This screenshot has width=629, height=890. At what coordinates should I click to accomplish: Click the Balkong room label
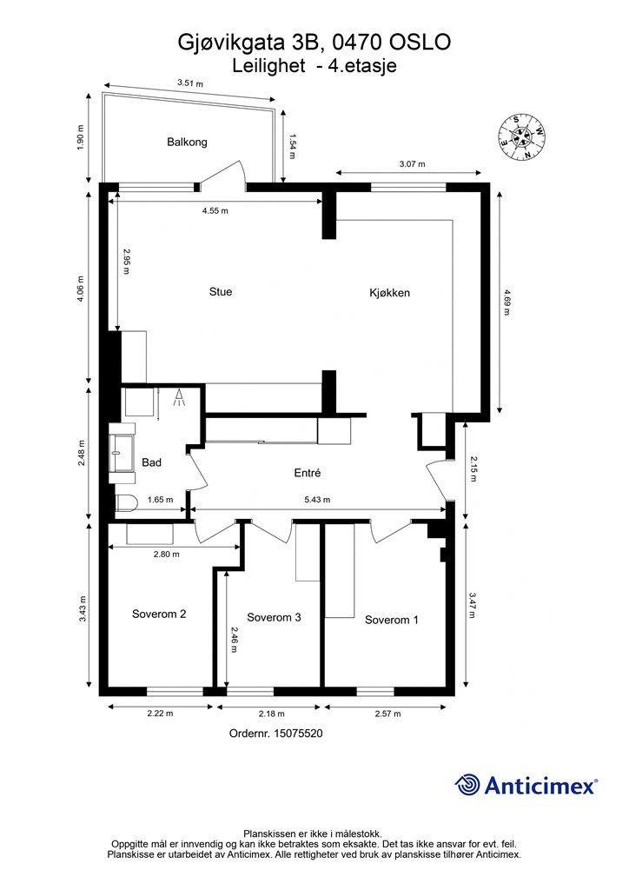click(187, 142)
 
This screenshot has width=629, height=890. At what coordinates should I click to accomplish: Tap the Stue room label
click(221, 292)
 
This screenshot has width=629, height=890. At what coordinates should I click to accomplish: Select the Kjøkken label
click(389, 293)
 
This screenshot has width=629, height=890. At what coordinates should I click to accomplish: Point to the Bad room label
click(151, 462)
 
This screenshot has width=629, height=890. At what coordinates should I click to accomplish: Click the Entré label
click(308, 472)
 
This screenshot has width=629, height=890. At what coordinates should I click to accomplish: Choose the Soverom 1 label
click(391, 620)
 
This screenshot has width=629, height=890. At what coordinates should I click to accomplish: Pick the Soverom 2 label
click(159, 614)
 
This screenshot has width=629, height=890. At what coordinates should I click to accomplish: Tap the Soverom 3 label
click(274, 617)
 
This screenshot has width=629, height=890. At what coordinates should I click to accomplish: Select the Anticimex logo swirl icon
click(467, 785)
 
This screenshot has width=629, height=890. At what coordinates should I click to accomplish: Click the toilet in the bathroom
click(127, 503)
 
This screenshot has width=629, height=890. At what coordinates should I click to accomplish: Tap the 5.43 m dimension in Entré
click(317, 500)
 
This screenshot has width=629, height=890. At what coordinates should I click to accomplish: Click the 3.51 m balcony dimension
click(190, 83)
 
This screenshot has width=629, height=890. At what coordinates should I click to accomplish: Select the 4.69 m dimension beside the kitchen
click(506, 302)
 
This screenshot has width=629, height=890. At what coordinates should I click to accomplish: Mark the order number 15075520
click(298, 734)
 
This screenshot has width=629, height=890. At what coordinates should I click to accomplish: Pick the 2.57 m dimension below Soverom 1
click(387, 714)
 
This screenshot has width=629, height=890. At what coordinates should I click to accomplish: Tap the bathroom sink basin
click(122, 453)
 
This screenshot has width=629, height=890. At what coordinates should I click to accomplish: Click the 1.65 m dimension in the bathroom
click(160, 500)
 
